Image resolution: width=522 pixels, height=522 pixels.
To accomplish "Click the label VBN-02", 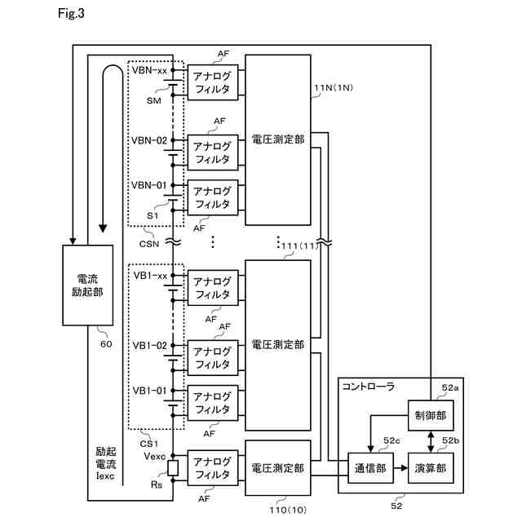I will pos(148,140).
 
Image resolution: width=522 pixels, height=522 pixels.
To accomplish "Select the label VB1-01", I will pos(149,390).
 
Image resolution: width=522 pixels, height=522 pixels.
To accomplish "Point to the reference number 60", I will pos(105,343).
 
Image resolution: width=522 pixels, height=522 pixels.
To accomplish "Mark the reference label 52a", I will pos(450,388).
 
